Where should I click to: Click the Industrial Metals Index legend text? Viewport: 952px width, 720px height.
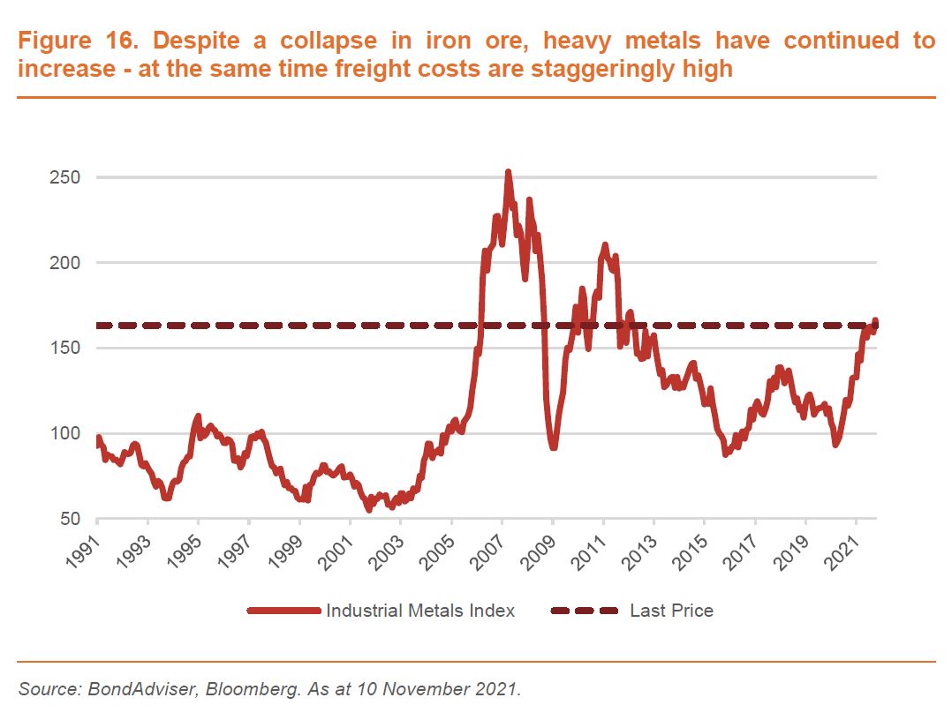click(420, 611)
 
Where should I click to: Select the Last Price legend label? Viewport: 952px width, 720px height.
click(671, 611)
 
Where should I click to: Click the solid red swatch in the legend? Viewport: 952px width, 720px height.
click(283, 611)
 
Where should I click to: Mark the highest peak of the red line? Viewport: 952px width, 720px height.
click(508, 173)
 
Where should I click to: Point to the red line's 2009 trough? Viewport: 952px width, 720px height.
click(554, 446)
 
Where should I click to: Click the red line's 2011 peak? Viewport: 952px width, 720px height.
click(605, 244)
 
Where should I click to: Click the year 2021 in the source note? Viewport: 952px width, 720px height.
click(500, 688)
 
